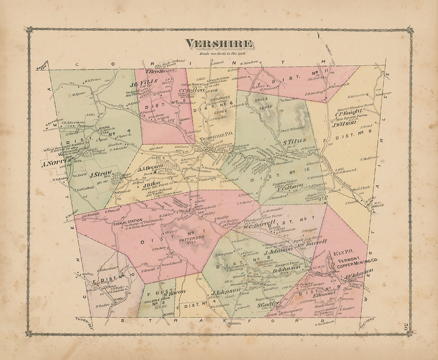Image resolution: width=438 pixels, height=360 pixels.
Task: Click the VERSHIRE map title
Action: click(219, 44)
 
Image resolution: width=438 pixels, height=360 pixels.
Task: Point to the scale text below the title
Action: click(219, 53)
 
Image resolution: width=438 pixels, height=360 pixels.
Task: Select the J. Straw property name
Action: click(101, 173)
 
